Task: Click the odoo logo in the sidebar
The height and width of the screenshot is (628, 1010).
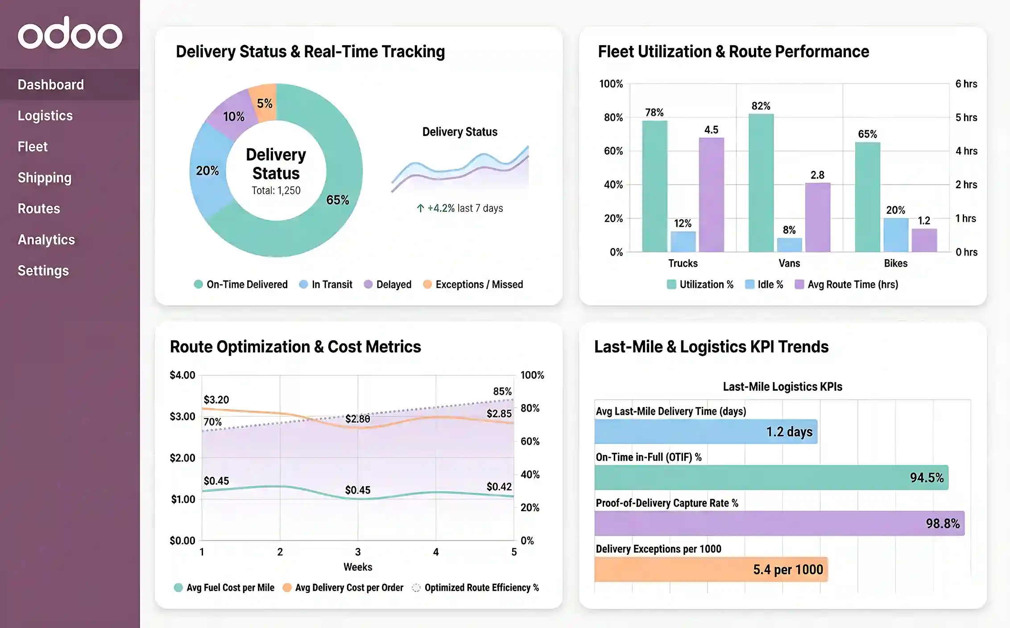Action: [x=70, y=33]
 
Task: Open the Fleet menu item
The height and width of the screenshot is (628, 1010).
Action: [x=33, y=146]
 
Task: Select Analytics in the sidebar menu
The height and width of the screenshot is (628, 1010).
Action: [x=46, y=240]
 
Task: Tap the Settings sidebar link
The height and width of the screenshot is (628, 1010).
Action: [x=43, y=270]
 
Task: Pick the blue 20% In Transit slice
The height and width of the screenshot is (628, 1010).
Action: [x=208, y=170]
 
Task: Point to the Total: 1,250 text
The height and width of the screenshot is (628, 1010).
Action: [x=276, y=190]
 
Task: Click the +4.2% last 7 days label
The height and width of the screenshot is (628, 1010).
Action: [x=460, y=208]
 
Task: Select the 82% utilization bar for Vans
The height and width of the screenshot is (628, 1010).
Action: [x=761, y=183]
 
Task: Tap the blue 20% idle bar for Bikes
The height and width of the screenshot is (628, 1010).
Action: [x=895, y=235]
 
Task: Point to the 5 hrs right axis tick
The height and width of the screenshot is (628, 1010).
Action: [x=966, y=117]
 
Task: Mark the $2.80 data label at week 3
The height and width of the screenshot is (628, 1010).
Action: [x=357, y=419]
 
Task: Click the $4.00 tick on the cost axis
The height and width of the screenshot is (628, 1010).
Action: [x=182, y=375]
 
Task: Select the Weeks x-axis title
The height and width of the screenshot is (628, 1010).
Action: [x=357, y=567]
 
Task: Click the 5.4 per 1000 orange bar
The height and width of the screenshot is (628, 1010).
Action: [x=711, y=570]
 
